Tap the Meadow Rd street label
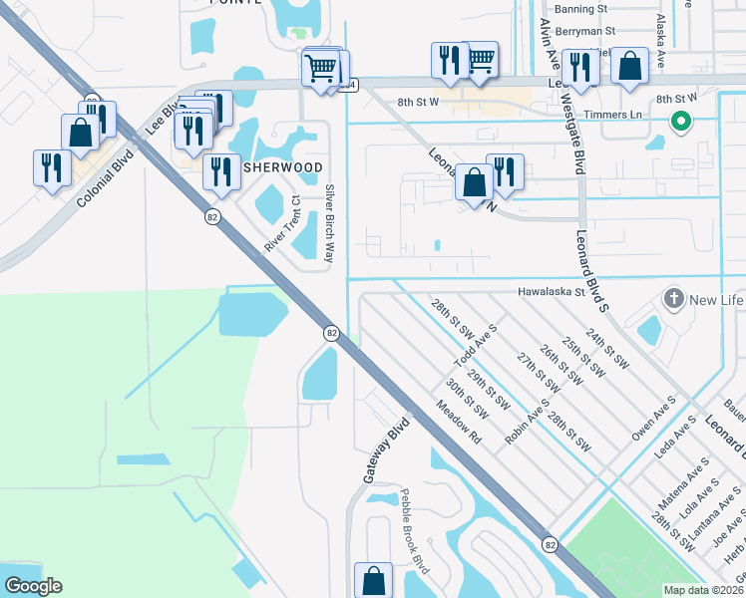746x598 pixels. (x=459, y=423)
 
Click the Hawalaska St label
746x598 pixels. (x=549, y=293)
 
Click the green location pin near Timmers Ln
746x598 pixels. (x=681, y=123)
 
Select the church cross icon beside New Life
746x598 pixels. (x=674, y=299)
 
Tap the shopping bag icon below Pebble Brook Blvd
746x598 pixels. (x=373, y=580)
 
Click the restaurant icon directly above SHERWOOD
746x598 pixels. (x=221, y=171)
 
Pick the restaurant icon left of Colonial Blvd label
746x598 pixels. (x=50, y=166)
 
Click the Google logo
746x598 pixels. (x=33, y=586)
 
